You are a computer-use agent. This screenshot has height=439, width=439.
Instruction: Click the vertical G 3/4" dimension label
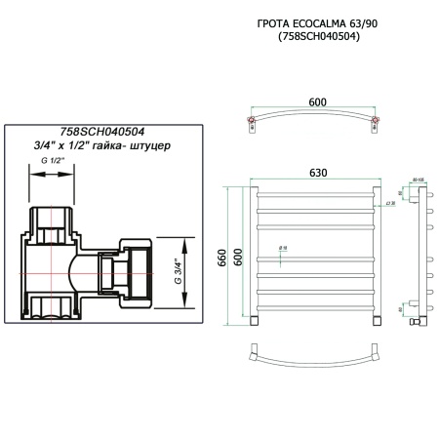point(179,264)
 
